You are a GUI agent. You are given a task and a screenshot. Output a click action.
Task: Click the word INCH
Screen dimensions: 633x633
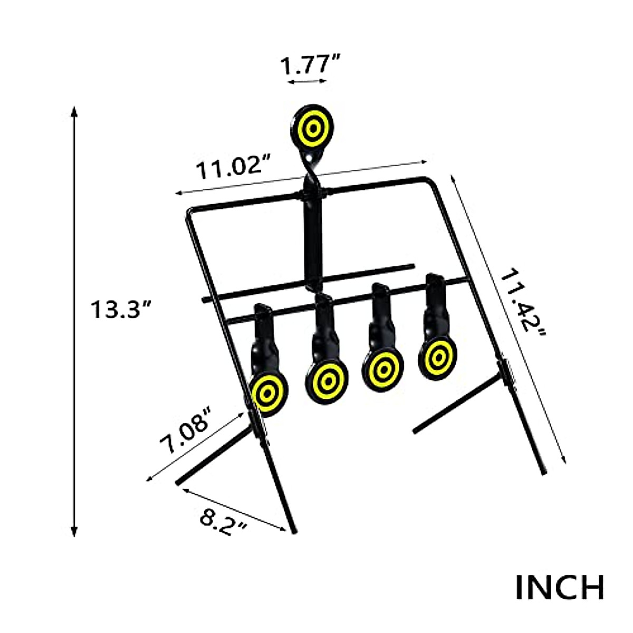point(559,588)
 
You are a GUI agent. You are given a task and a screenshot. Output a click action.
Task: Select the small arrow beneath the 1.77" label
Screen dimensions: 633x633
point(308,82)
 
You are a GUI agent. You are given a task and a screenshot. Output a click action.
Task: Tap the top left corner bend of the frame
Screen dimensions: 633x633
point(190,212)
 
